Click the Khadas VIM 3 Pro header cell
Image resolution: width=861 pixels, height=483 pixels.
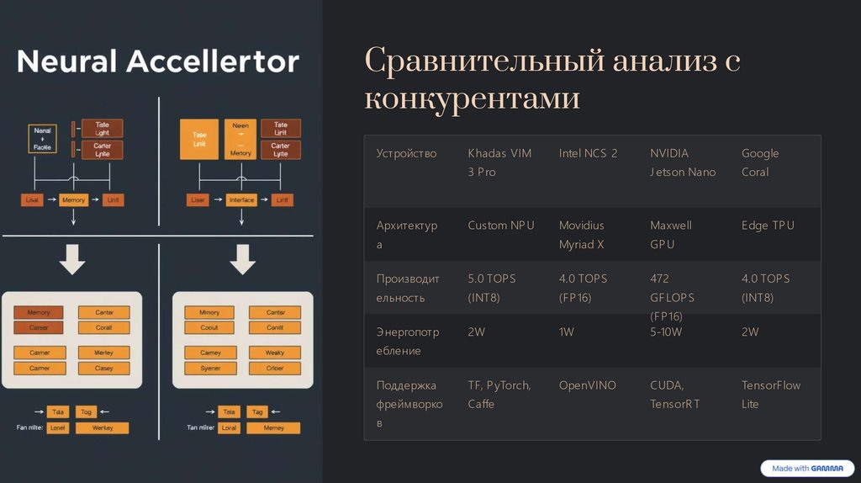click(x=499, y=162)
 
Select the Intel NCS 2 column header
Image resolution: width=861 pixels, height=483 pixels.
click(x=588, y=153)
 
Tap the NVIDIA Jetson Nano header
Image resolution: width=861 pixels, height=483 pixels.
click(x=683, y=162)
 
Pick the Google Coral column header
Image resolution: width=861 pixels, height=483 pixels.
click(x=760, y=162)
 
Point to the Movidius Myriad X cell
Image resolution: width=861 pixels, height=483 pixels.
click(x=582, y=235)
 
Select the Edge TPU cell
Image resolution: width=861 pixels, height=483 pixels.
click(x=768, y=226)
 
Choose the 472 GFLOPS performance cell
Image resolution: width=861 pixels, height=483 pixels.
click(x=672, y=297)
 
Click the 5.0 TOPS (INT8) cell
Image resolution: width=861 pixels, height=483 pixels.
click(x=492, y=288)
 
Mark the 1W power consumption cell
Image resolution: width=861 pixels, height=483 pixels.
click(x=566, y=332)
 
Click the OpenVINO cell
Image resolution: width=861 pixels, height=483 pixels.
click(x=587, y=385)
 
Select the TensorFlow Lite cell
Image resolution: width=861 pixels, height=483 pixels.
click(x=770, y=395)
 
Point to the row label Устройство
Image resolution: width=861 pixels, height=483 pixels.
click(x=406, y=153)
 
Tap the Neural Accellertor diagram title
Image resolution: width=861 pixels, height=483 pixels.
click(x=157, y=61)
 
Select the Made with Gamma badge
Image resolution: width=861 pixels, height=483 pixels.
click(x=807, y=469)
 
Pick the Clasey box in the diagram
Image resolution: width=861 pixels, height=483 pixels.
click(x=104, y=369)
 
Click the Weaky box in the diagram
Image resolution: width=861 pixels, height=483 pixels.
click(x=275, y=353)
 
